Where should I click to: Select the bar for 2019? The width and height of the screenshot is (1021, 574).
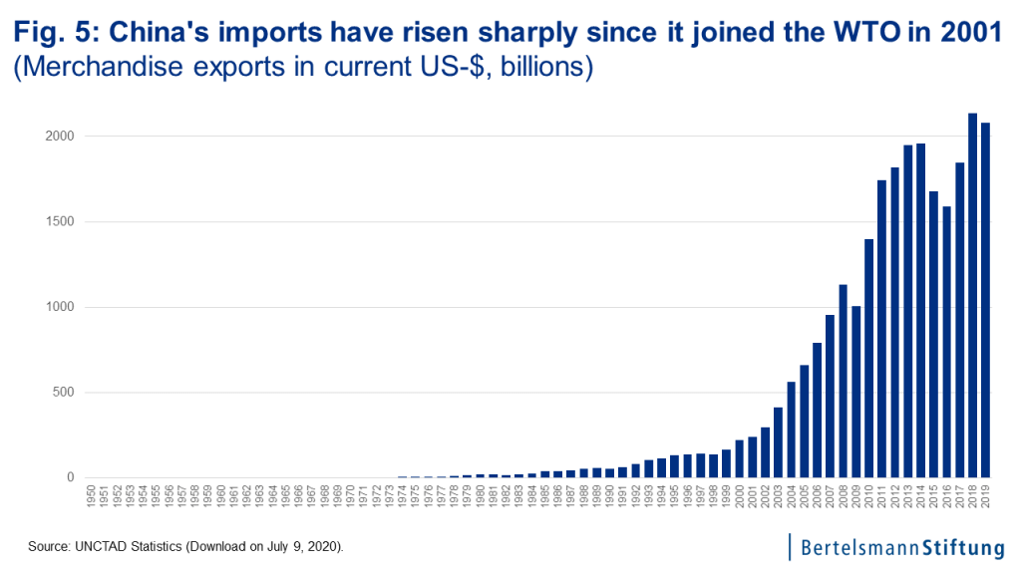click(985, 300)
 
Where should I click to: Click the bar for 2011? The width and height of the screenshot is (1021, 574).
click(881, 329)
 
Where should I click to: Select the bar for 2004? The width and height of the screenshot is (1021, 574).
click(791, 430)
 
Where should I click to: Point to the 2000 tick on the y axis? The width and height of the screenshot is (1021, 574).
click(61, 137)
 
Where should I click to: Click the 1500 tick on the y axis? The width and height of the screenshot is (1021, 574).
click(61, 221)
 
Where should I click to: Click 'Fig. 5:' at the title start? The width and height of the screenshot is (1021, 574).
click(54, 33)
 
